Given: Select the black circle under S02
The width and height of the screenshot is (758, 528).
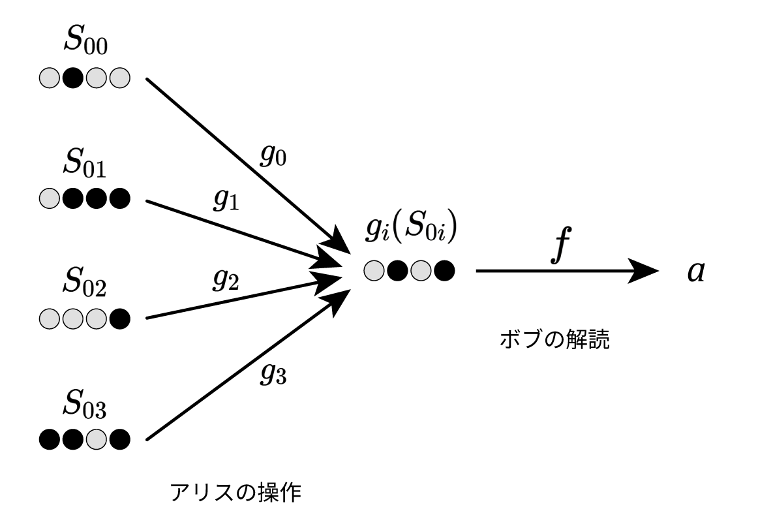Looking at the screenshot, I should [120, 319].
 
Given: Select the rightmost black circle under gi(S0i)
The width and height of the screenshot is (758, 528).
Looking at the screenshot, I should [444, 270].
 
